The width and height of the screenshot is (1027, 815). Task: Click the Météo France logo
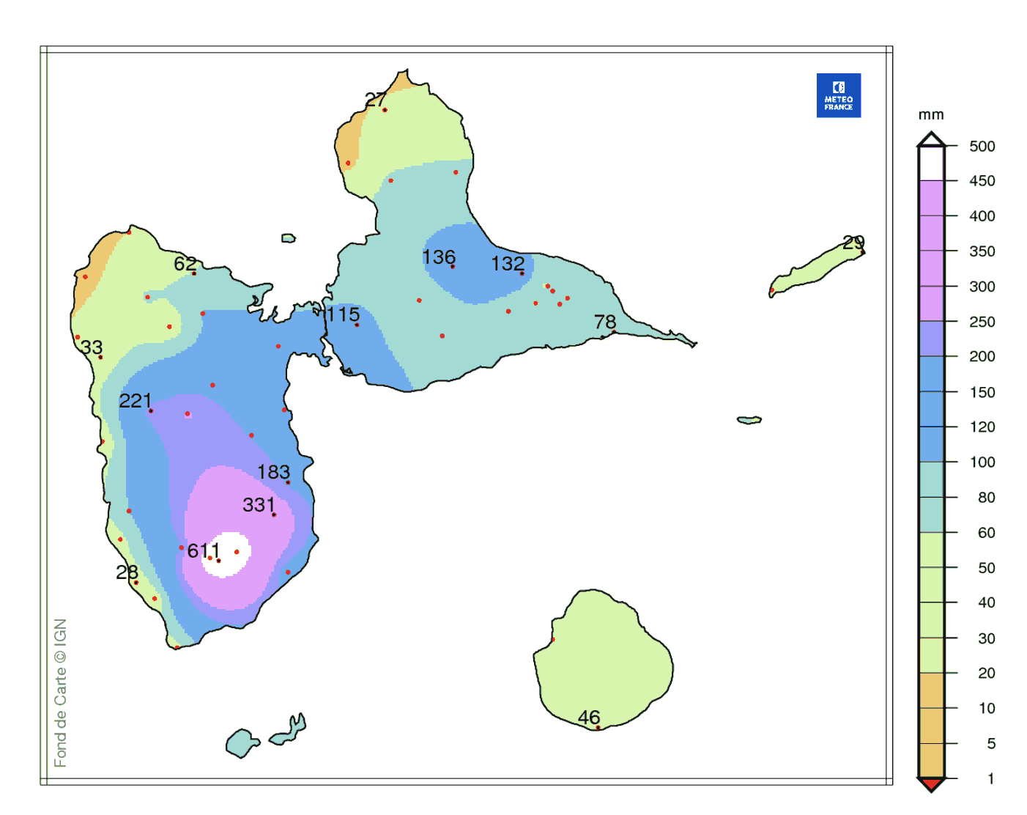coord(838,95)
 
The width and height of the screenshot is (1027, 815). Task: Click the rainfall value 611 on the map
coord(204,550)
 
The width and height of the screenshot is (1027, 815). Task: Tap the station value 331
coord(259,505)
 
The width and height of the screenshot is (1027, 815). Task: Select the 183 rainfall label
coord(273,472)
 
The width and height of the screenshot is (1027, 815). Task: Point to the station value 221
coord(136,401)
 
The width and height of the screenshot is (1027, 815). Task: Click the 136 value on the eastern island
coord(439,257)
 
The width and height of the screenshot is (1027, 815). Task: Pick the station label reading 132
coord(508,264)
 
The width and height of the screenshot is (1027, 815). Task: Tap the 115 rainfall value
coord(343,315)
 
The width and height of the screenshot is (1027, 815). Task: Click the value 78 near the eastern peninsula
coord(605,322)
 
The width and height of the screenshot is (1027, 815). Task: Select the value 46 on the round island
coord(589,718)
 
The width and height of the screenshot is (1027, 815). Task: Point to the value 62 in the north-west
coord(185,264)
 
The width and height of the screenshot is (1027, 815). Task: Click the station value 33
coord(92,347)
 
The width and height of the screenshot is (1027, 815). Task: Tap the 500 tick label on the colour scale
coord(982,146)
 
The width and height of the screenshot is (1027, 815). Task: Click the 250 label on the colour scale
coord(982,322)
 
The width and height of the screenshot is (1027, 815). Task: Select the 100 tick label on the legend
coord(982,462)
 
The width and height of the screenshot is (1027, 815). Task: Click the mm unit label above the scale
coord(931,115)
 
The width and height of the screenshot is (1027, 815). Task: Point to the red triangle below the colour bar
coord(931,785)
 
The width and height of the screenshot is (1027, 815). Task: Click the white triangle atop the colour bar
coord(931,139)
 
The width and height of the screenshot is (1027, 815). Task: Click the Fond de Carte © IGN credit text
coord(61,693)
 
